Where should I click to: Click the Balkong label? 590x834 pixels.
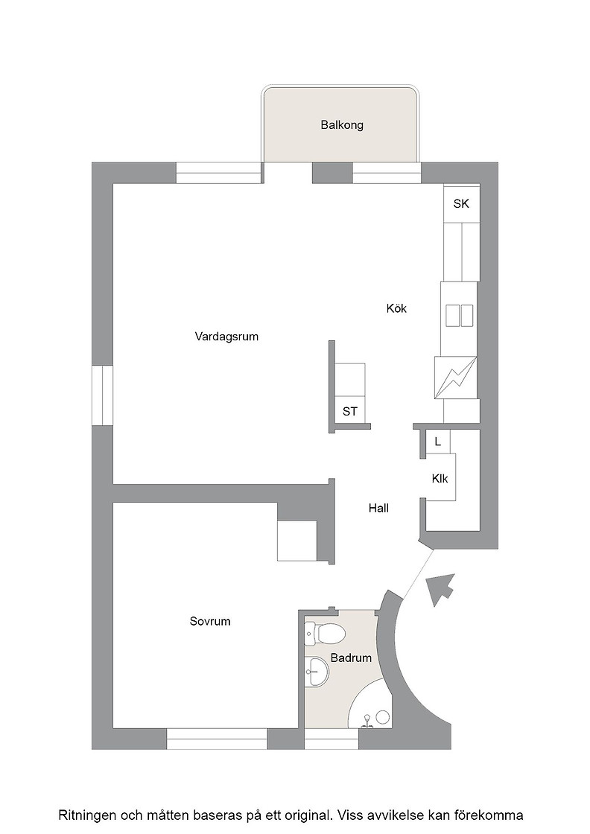click(x=341, y=125)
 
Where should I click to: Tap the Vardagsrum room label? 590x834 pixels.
click(x=226, y=337)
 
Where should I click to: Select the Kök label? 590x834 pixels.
click(x=396, y=308)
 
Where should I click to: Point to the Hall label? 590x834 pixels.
click(x=378, y=508)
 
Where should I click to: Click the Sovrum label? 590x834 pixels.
click(x=210, y=621)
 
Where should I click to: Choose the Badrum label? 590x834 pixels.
click(x=351, y=658)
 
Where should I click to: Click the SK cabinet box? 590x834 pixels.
click(x=461, y=203)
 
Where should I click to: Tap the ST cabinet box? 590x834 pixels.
click(x=350, y=410)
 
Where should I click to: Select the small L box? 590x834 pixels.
click(x=438, y=442)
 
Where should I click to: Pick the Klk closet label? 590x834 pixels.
click(x=440, y=479)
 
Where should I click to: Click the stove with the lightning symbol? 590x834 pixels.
click(x=455, y=378)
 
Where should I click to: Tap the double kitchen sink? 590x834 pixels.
click(x=459, y=316)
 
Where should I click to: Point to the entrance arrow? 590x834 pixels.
click(x=442, y=589)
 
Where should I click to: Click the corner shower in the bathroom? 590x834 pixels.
click(x=369, y=704)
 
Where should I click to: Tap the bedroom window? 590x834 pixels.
click(x=217, y=739)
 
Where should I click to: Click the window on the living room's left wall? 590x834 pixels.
click(x=102, y=395)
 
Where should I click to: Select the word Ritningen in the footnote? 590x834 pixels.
click(x=86, y=815)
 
